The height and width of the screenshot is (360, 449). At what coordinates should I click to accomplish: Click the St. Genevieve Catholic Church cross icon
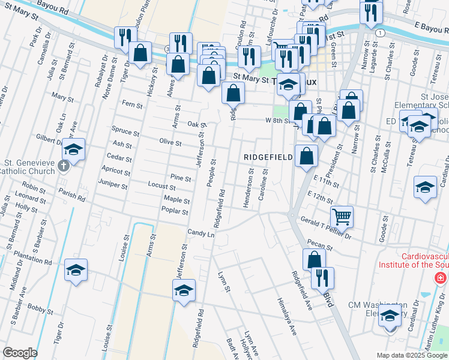click(x=62, y=167)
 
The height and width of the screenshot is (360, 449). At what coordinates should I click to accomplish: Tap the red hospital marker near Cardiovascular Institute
click(x=441, y=278)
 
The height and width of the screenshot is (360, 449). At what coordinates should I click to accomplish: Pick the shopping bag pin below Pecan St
click(x=314, y=259)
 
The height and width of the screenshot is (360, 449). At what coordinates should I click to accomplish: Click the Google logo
click(x=20, y=353)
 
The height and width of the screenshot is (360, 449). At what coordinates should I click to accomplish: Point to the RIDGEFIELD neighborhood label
click(x=268, y=157)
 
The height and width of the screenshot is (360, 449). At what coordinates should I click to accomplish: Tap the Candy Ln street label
click(x=201, y=232)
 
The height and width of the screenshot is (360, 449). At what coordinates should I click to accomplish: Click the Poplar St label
click(x=175, y=211)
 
